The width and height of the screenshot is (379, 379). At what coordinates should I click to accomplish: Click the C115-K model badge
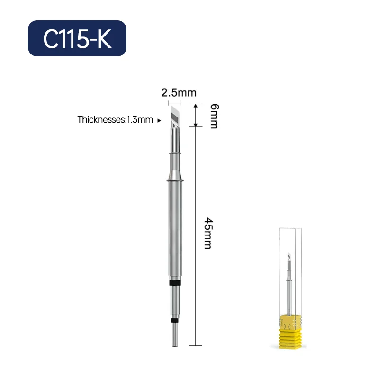pos(77,38)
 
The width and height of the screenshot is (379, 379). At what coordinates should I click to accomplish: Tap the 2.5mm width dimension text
pos(179,93)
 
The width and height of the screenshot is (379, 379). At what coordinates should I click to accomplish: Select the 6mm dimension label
pos(215,116)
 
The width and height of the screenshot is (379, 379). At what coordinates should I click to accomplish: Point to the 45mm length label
pos(208,233)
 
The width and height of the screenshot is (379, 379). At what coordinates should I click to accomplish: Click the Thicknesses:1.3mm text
pos(115,120)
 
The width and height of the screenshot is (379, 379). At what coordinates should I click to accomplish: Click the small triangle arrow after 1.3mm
pos(159,120)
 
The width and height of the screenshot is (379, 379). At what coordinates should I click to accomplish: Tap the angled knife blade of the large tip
pos(175,116)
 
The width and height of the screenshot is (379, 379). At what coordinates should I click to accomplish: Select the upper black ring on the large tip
pos(175,283)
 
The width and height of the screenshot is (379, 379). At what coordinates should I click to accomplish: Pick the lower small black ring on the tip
pos(175,321)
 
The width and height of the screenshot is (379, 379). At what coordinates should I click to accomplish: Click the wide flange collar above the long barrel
pos(175,180)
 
